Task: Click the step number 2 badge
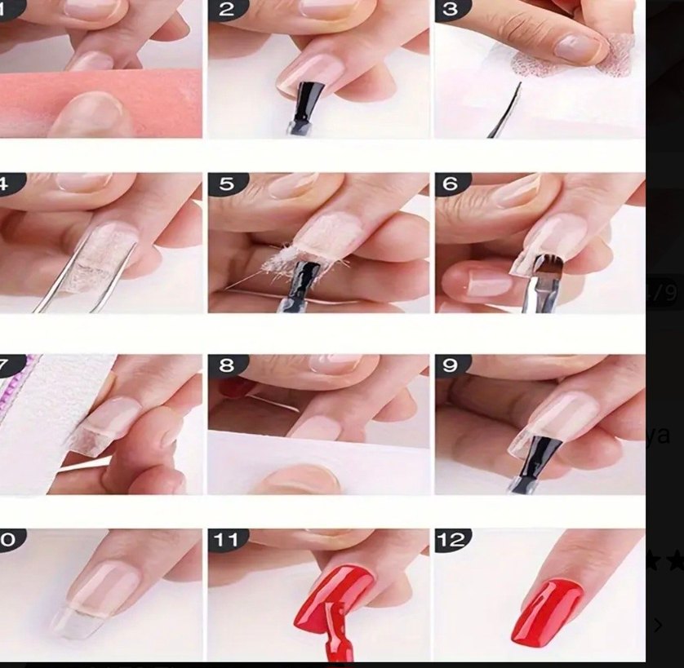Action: point(226,10)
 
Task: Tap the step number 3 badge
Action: point(451,10)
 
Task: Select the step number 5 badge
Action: point(226,184)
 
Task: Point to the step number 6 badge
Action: point(451,184)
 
